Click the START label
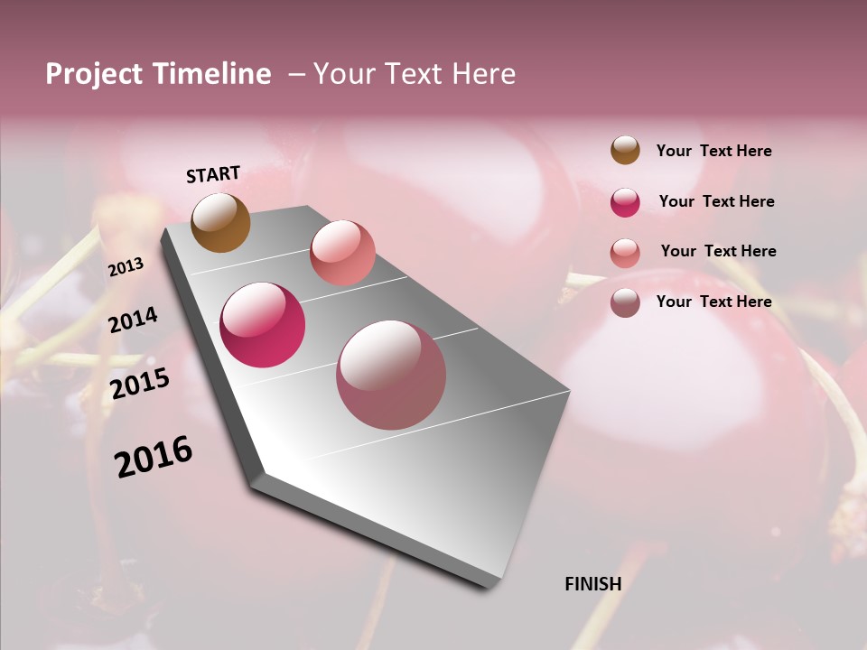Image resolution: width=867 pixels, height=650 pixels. tap(213, 174)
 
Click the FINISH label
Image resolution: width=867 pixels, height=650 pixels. tap(592, 584)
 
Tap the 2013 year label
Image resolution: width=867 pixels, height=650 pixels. tap(126, 266)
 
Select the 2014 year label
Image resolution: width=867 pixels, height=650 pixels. tap(133, 320)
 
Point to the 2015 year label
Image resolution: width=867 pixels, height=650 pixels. tap(140, 384)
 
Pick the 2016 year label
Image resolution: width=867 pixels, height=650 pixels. tap(154, 457)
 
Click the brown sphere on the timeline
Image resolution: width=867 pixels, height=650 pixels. tap(221, 222)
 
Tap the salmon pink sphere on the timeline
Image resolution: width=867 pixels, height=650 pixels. tap(342, 253)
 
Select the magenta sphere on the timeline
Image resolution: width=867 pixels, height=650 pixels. tap(263, 325)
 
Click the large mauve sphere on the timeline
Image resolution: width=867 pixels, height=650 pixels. tap(391, 375)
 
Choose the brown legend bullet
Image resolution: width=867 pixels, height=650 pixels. tap(625, 150)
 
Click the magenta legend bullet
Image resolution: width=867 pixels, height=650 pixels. tap(625, 202)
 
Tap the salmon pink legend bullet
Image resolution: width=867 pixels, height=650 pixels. tap(625, 253)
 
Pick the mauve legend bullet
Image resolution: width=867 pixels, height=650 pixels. tap(625, 302)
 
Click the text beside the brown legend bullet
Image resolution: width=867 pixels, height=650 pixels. tap(713, 152)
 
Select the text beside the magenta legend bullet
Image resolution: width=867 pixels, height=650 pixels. tap(716, 201)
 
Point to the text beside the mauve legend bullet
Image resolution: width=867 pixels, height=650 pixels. tap(713, 302)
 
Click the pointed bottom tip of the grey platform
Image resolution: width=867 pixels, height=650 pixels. tap(489, 586)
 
